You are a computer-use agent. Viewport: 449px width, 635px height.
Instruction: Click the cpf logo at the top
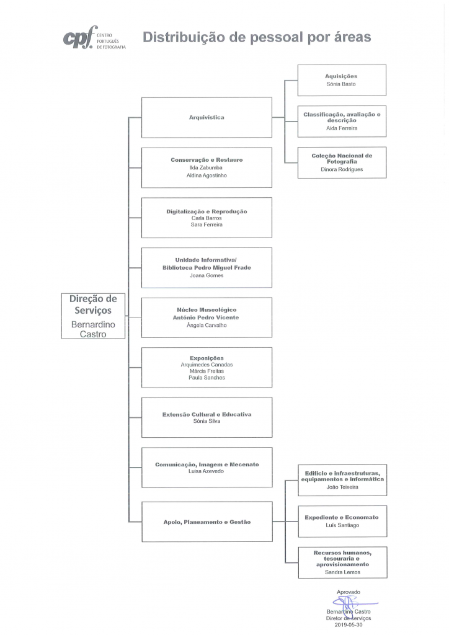tap(94, 38)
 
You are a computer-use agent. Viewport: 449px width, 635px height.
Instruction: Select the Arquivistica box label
tap(207, 117)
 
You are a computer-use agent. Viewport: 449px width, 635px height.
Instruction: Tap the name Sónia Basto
tap(341, 84)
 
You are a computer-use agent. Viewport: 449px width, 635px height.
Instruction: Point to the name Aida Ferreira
tap(342, 128)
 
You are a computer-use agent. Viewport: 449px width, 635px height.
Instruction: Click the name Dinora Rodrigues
tap(342, 170)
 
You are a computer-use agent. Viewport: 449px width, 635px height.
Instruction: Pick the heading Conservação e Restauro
tap(207, 160)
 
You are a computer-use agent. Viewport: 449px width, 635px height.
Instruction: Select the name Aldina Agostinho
tap(207, 175)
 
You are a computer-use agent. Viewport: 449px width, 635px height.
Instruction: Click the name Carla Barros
tap(207, 218)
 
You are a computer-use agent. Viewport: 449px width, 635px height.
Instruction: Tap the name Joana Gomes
tap(207, 276)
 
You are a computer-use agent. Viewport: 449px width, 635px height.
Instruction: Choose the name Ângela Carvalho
tap(207, 325)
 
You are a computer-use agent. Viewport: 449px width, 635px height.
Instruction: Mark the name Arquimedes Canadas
tap(207, 365)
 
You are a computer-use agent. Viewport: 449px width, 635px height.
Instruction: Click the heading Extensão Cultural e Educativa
tap(207, 415)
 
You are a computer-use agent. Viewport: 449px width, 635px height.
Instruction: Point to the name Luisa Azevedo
tap(206, 471)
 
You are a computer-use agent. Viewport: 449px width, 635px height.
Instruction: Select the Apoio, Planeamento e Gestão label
tap(207, 522)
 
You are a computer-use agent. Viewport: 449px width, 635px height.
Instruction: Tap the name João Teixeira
tap(342, 487)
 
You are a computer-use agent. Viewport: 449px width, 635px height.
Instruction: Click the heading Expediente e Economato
tap(342, 518)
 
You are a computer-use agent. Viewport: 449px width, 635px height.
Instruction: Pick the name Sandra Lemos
tap(342, 572)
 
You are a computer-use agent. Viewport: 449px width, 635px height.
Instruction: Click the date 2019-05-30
tap(349, 625)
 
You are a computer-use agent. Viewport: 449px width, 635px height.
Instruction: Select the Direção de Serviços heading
tap(93, 304)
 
